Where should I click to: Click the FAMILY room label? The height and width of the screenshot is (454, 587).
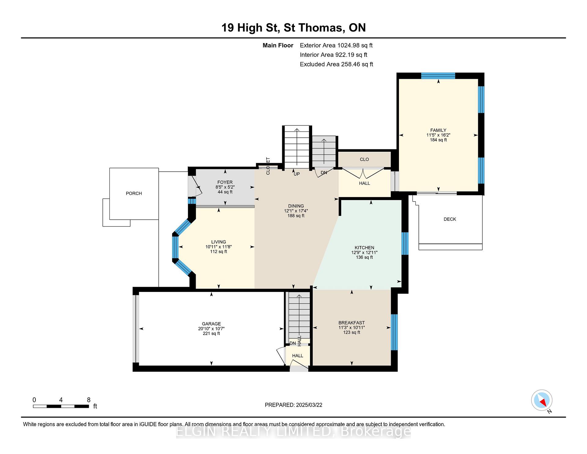[x=438, y=130]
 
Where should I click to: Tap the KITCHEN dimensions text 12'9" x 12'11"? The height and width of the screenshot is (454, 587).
[x=364, y=252]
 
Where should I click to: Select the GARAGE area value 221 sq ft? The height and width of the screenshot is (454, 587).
[x=211, y=333]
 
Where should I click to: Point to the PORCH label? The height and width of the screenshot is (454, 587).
[x=134, y=193]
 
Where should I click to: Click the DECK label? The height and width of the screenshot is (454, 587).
[x=450, y=219]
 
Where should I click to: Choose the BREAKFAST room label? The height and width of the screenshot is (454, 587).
[x=352, y=323]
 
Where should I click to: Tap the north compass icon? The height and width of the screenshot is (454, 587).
[x=542, y=400]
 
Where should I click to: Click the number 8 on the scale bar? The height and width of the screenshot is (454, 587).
[x=89, y=400]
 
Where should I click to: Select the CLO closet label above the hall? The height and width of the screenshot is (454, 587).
[x=364, y=159]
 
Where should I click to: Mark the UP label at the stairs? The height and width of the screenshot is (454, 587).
[x=297, y=174]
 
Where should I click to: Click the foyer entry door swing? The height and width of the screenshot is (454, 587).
[x=196, y=186]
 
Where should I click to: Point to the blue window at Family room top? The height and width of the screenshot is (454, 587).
[x=438, y=76]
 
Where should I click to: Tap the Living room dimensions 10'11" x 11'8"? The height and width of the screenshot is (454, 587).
[x=218, y=247]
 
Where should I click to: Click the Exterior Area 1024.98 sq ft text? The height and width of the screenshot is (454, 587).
[x=336, y=45]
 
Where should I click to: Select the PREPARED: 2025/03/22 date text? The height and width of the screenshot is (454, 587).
[x=293, y=405]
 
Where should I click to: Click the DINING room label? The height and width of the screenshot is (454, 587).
[x=296, y=206]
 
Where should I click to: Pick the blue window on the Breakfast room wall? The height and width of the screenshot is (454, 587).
[x=394, y=332]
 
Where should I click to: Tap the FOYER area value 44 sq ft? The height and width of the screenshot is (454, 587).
[x=225, y=192]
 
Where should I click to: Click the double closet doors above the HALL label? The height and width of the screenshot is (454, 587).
[x=363, y=173]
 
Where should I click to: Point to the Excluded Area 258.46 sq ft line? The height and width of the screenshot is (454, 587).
[x=336, y=64]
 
